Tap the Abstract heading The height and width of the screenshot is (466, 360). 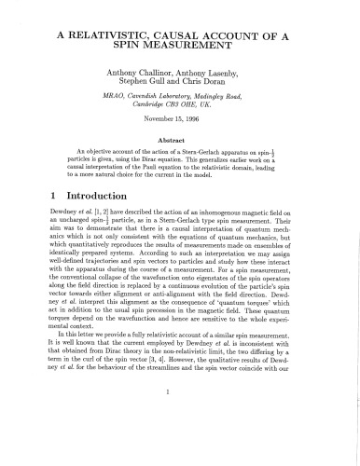(x=179, y=141)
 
